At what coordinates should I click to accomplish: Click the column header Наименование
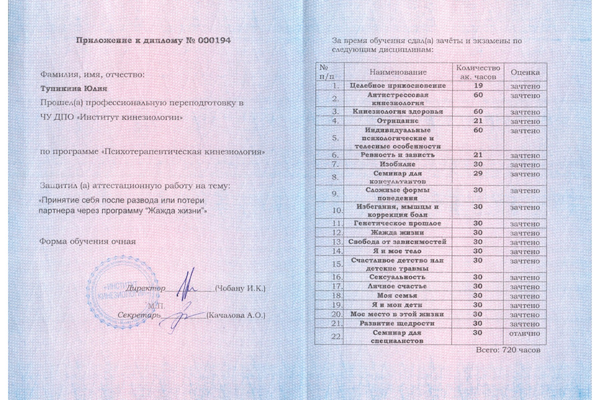396,71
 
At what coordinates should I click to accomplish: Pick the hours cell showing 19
477,86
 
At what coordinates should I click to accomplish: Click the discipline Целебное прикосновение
397,86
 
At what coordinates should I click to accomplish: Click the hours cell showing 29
477,173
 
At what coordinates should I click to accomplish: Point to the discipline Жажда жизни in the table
397,232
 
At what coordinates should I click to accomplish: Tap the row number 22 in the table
335,336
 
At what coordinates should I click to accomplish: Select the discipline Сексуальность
397,276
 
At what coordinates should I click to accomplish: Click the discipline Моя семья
397,295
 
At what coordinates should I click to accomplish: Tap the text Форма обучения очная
87,241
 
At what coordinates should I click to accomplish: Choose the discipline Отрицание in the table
397,121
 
